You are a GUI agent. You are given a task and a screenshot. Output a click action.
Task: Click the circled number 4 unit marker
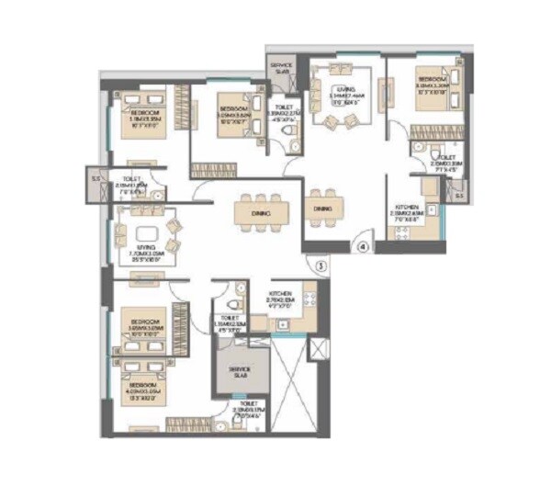coord(362,246)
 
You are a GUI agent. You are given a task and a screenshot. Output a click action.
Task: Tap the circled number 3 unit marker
coord(320,266)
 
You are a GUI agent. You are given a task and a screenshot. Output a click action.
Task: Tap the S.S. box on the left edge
coord(96,179)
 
